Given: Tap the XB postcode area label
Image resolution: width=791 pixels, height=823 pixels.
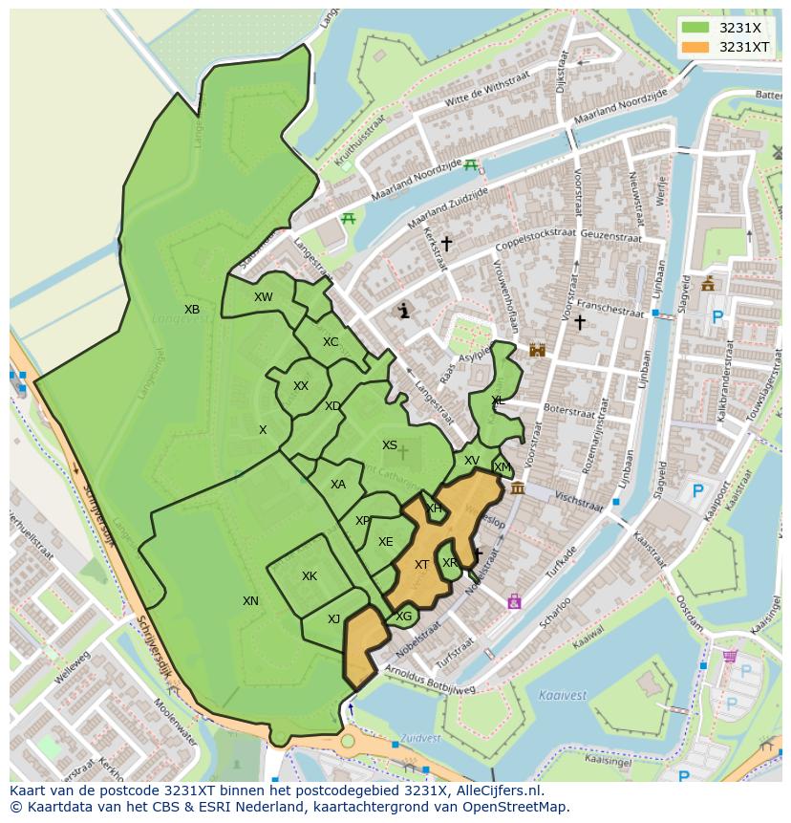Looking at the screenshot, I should click(192, 310).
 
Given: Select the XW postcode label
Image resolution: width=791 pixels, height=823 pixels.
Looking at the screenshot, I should click(264, 297).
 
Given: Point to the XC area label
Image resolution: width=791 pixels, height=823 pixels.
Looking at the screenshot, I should click(331, 342).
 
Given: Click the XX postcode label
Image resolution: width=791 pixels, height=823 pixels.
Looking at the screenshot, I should click(301, 386).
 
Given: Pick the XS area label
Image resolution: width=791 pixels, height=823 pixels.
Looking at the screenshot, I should click(390, 445).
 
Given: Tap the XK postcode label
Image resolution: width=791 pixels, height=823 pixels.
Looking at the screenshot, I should click(310, 576).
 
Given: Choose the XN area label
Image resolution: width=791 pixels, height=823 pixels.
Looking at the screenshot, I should click(250, 601).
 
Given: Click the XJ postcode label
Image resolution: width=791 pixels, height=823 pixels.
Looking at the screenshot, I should click(333, 619).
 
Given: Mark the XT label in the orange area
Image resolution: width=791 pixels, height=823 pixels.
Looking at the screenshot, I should click(421, 565).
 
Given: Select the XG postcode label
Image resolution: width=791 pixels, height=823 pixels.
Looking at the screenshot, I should click(404, 617).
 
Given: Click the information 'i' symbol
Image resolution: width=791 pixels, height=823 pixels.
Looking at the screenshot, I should click(404, 311).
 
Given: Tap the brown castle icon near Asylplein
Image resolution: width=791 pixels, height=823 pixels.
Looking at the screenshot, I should click(537, 350).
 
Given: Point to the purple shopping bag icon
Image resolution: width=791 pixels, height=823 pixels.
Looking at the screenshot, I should click(514, 601).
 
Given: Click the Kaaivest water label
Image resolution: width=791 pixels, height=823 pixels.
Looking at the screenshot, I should click(562, 695).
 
